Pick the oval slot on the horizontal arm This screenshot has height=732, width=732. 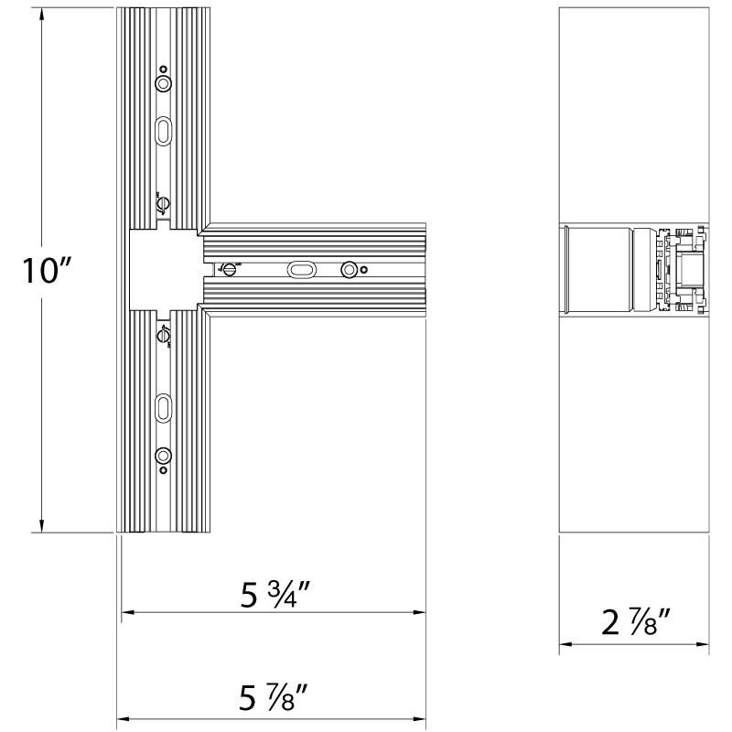[x=300, y=269]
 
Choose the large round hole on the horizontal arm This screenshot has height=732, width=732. [x=349, y=269]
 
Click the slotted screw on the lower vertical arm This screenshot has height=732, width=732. [x=164, y=334]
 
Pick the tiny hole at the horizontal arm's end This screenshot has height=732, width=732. [x=364, y=269]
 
